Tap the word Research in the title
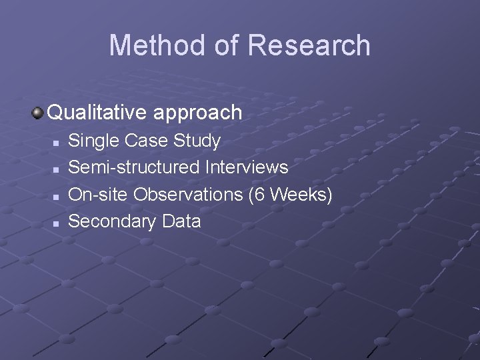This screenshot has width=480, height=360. pyautogui.click(x=309, y=45)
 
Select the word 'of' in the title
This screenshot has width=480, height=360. pyautogui.click(x=225, y=45)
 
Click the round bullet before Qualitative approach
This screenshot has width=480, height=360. pyautogui.click(x=38, y=112)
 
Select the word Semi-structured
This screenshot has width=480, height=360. pyautogui.click(x=134, y=167)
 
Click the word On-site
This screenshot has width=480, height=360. pyautogui.click(x=99, y=194)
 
